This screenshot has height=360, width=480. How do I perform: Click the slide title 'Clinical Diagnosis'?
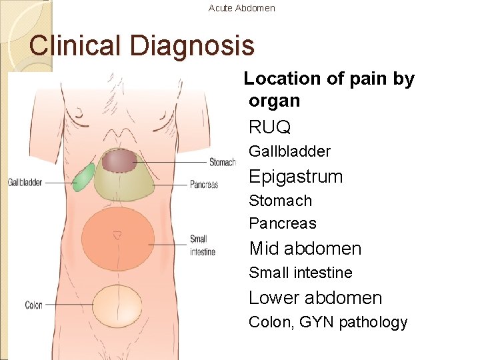coord(142,45)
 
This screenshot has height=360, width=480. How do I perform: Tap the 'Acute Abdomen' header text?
coord(241,8)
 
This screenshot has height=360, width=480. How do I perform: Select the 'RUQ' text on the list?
coord(269,127)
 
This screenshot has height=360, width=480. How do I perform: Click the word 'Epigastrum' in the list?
coord(295,177)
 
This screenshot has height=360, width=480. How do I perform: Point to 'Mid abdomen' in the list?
coord(305,249)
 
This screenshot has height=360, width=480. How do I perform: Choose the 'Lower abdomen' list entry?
coord(315,298)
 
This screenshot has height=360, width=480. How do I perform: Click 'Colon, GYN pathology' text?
coord(327,323)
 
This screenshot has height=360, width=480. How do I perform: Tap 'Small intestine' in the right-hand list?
coord(300,273)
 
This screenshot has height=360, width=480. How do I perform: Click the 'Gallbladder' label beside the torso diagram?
coord(25,182)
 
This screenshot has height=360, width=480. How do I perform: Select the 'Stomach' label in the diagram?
coord(222,162)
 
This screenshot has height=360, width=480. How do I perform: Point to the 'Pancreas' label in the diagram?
coord(204,185)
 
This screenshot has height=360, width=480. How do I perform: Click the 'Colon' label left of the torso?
coord(33,305)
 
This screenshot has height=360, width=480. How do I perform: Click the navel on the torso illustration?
coord(117,235)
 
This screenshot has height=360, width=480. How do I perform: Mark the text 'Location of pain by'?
coord(329,79)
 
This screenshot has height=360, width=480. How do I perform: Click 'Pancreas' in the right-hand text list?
coord(282,223)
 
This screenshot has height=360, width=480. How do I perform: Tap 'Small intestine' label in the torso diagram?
coord(199,245)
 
